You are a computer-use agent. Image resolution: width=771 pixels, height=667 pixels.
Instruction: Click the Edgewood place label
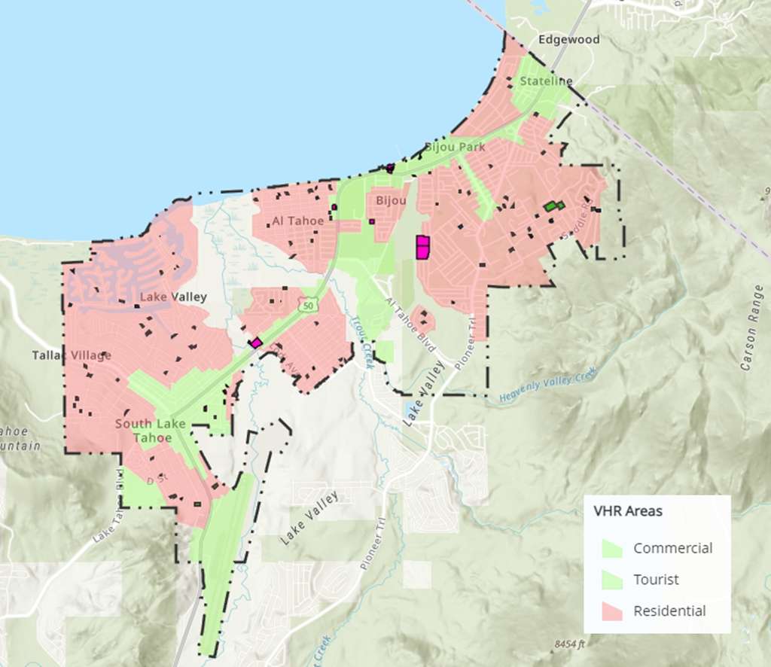(x=569, y=39)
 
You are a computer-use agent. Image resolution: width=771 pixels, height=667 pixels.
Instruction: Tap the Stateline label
(x=546, y=81)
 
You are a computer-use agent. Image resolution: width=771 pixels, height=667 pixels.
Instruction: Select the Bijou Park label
(x=455, y=147)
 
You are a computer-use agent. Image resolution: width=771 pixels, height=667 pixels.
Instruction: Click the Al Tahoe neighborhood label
(x=297, y=221)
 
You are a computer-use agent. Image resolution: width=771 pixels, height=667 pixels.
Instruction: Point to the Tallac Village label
(x=72, y=355)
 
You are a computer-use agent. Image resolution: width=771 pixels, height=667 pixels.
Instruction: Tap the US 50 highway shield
(x=306, y=305)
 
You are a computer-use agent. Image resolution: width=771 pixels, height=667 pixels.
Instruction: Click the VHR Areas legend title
(x=628, y=511)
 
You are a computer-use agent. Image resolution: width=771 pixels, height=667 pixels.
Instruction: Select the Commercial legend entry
(x=672, y=548)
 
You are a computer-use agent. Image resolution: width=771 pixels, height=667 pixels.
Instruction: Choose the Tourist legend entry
(x=655, y=580)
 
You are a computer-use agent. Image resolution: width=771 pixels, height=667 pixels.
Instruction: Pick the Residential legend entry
(x=669, y=611)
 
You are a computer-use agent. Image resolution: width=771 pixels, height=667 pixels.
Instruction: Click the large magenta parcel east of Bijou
(x=422, y=247)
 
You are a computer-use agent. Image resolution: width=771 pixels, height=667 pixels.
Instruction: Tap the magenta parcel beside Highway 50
(x=256, y=343)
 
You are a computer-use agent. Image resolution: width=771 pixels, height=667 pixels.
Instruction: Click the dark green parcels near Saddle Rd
(x=554, y=206)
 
